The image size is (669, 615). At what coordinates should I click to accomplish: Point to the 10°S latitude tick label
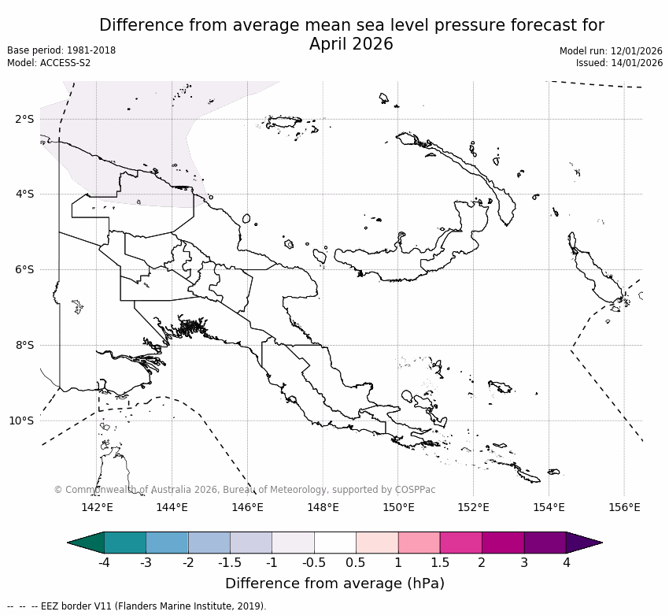pos(22,420)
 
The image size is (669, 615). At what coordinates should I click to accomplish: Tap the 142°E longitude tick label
pos(97,507)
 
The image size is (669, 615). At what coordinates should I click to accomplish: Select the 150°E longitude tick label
pos(398,507)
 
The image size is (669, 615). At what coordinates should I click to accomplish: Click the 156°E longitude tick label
pos(624,507)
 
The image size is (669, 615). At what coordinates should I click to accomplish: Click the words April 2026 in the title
pos(351,44)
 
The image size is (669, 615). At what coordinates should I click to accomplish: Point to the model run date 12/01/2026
pos(637,50)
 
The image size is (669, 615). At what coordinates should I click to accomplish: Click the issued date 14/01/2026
pos(637,63)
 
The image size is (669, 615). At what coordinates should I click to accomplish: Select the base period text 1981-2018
pos(91,50)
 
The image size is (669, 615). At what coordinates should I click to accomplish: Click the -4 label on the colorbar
pos(104,562)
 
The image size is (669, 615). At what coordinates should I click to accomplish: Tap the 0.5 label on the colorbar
pos(356,562)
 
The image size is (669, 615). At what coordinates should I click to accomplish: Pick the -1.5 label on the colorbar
pos(230,562)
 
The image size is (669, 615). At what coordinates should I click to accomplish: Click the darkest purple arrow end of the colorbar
pos(584,543)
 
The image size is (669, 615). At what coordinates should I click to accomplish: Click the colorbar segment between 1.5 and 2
pos(460,543)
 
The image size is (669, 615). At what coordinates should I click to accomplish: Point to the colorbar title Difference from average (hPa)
pos(334,584)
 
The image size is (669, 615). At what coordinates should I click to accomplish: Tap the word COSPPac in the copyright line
pos(415,490)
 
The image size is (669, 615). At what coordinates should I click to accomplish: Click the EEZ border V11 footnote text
pos(157,606)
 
